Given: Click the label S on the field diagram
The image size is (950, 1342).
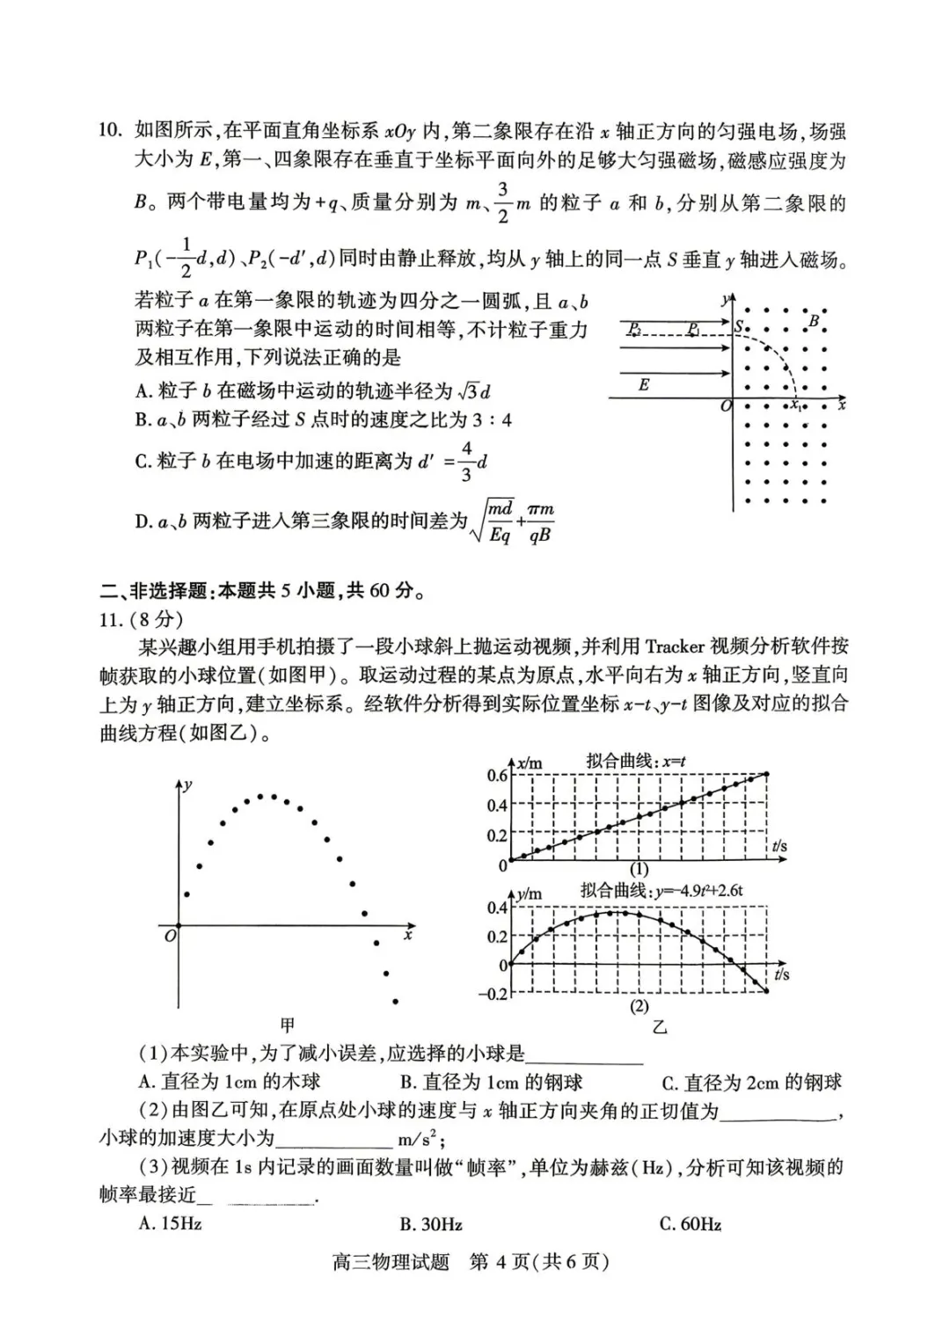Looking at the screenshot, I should pos(740,327).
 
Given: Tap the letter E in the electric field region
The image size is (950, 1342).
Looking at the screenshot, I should pos(644,384).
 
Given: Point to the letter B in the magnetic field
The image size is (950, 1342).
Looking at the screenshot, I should pos(814,321).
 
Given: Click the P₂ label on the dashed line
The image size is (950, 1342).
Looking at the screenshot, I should pos(634,329).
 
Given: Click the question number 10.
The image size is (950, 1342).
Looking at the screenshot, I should pos(109,131).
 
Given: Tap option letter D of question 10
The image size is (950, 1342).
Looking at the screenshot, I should pos(143,521).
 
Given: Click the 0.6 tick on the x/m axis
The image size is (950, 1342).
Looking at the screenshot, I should pos(497,775).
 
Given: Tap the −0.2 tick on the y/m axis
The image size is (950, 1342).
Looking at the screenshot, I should pos(493,994).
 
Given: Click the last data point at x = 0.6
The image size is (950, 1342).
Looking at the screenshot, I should pos(767,774).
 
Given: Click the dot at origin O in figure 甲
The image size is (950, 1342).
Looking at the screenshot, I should pos(179,926).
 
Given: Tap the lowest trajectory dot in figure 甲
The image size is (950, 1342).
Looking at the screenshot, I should pos(396,1002).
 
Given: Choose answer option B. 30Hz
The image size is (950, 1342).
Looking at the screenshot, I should pos(431,1224).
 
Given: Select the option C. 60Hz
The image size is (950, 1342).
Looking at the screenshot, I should pos(691,1224).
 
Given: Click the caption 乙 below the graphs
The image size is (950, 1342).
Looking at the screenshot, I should pos(660,1026).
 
